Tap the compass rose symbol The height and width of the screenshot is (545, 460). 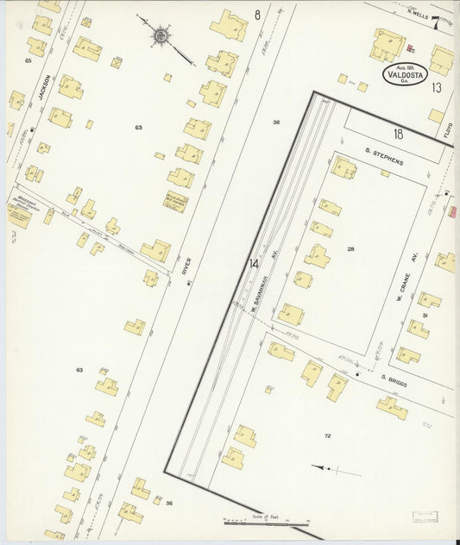(161, 36)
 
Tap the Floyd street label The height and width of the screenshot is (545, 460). (448, 132)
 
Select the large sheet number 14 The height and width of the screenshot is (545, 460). (254, 264)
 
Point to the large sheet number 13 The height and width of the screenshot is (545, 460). (437, 87)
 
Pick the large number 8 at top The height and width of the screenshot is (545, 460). (257, 15)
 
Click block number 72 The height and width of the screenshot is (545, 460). (327, 436)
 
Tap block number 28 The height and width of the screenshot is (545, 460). (350, 248)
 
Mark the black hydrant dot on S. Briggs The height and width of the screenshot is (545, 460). (356, 375)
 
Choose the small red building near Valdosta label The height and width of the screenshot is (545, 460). (410, 50)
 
